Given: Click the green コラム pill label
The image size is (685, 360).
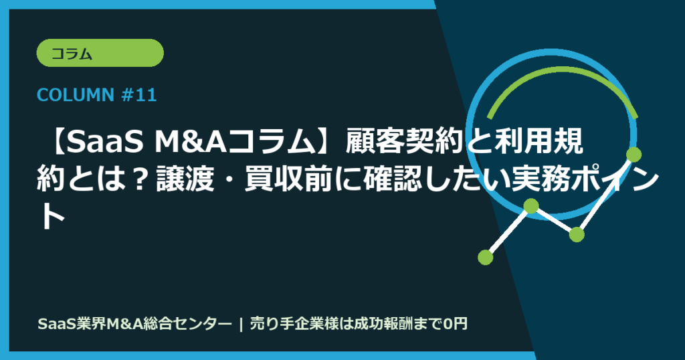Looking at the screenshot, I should tap(100, 53).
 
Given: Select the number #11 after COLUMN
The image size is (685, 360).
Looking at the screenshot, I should tap(140, 96).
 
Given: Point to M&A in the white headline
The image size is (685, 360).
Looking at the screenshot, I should tap(183, 141).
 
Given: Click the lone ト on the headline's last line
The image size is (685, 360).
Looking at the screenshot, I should tap(50, 217).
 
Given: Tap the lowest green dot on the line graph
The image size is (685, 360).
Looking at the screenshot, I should tap(486, 256).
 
